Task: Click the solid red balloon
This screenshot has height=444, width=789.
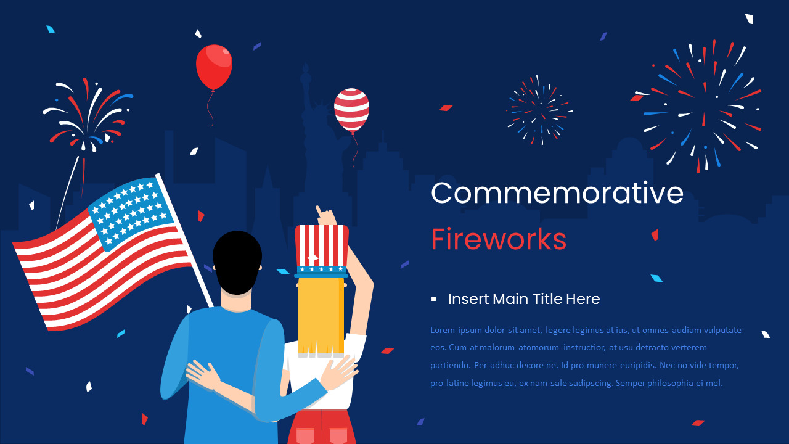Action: pos(214,67)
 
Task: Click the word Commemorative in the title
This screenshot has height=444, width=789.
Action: pos(557,193)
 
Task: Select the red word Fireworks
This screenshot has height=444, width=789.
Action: pos(498,239)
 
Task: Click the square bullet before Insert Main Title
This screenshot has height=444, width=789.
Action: pos(434,299)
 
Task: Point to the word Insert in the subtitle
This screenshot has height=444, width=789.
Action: pos(465,299)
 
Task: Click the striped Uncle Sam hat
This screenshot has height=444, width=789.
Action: pos(321,247)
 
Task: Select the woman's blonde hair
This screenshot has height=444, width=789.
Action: pos(321,314)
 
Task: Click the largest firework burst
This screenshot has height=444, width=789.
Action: pos(702,107)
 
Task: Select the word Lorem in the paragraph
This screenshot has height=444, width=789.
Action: pos(443,331)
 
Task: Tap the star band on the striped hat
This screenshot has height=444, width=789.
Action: pos(321,269)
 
